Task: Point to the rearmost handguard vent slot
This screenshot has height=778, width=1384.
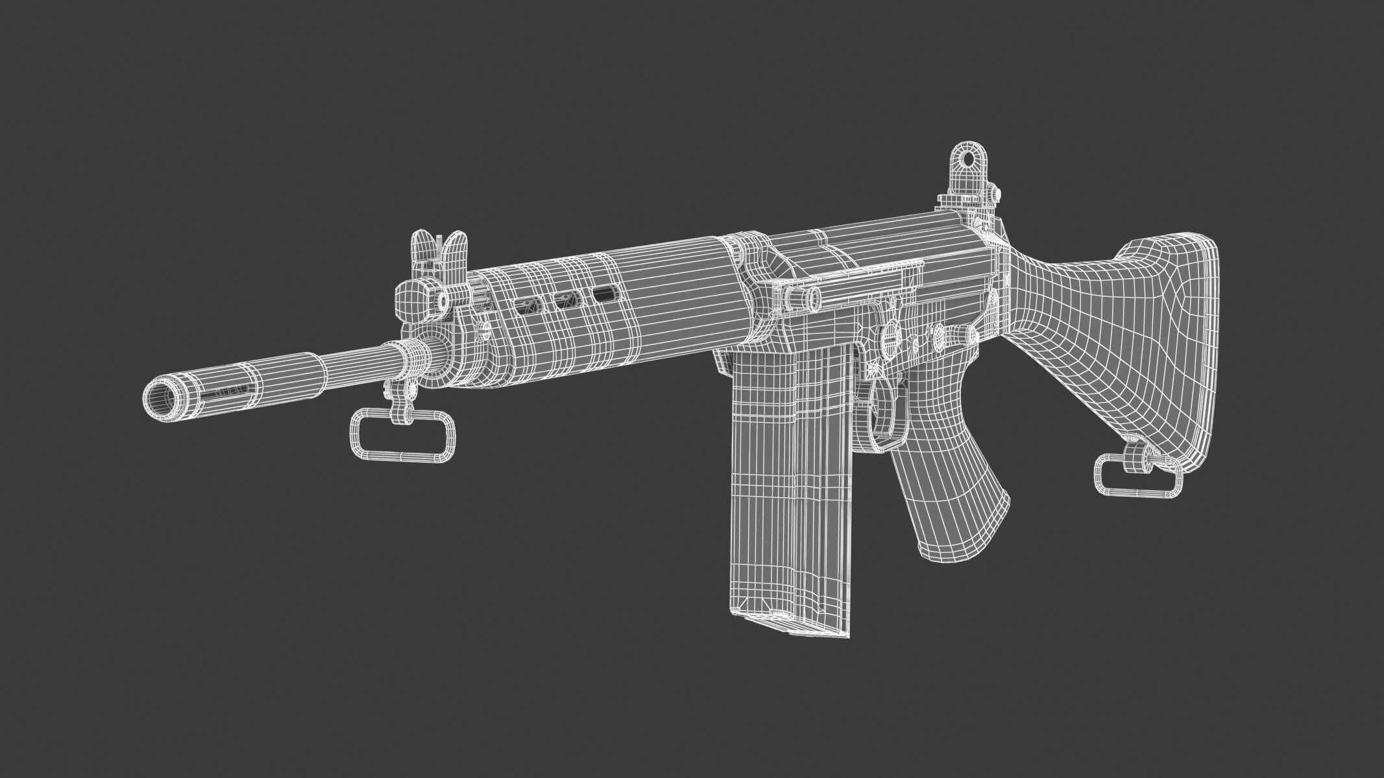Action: pos(605,294)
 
